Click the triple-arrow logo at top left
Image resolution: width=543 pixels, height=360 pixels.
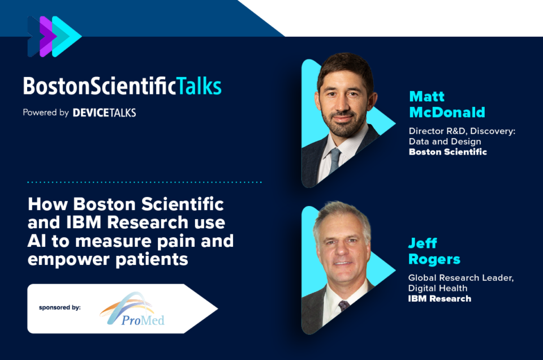54,36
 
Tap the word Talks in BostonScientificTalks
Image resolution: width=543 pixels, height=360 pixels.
199,86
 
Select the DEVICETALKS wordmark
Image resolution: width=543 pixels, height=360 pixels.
104,113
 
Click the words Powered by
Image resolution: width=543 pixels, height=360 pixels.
46,113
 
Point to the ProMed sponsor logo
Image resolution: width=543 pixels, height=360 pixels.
132,308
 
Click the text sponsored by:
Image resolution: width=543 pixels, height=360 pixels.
59,307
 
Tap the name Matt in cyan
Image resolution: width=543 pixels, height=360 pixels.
426,96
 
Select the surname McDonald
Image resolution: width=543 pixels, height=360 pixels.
447,112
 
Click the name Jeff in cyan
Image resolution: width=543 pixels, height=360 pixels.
423,243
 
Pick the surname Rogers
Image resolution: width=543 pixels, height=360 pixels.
434,259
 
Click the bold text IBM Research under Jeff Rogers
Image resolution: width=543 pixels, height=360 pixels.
439,299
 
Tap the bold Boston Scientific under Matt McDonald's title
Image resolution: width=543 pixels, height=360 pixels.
448,152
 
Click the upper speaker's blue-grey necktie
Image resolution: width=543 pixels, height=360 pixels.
334,160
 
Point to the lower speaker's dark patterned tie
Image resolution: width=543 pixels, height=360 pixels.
343,305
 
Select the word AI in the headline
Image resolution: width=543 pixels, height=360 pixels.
36,241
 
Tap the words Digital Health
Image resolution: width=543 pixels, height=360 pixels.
438,288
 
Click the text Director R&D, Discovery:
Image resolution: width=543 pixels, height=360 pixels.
462,131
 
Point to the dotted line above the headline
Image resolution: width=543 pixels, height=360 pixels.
144,182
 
